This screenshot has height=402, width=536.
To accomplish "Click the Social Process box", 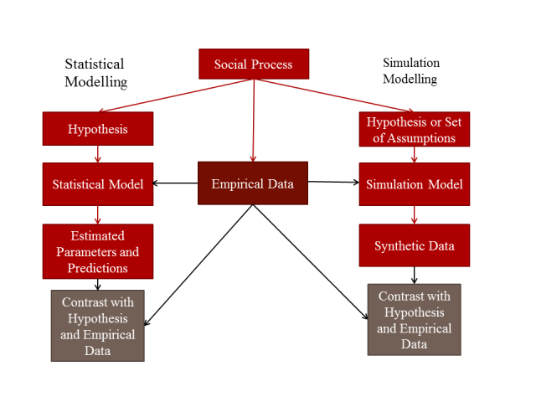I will click(x=254, y=64).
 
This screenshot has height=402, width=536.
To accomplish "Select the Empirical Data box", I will click(x=253, y=183).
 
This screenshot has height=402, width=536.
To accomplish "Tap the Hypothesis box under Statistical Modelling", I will click(x=98, y=130).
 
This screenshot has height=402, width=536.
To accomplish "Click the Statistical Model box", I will click(x=98, y=184).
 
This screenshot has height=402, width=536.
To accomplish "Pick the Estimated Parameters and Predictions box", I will click(x=98, y=251).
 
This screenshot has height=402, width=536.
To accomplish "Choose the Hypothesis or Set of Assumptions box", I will click(x=414, y=130).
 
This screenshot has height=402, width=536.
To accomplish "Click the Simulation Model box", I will click(x=414, y=184).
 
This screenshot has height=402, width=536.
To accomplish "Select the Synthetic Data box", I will click(x=414, y=245).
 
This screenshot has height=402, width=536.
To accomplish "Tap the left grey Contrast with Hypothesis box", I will click(x=98, y=325).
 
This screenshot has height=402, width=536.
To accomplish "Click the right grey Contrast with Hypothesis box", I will click(x=414, y=320).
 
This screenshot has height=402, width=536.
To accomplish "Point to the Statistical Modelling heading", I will click(x=95, y=73).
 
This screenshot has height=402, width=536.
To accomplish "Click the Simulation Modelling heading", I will click(x=410, y=71).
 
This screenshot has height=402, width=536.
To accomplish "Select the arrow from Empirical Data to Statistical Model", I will click(x=176, y=183).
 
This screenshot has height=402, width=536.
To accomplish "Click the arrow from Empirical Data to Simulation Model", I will click(x=333, y=183).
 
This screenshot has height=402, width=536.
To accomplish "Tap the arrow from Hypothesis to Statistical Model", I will click(x=98, y=154).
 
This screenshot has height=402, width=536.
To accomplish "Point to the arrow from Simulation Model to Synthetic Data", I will click(x=414, y=214).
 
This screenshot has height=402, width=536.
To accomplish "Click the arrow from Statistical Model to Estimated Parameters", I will click(x=98, y=214).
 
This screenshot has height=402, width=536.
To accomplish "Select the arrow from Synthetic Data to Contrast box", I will click(x=414, y=275).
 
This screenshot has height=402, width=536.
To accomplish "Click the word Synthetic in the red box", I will click(x=399, y=245).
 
